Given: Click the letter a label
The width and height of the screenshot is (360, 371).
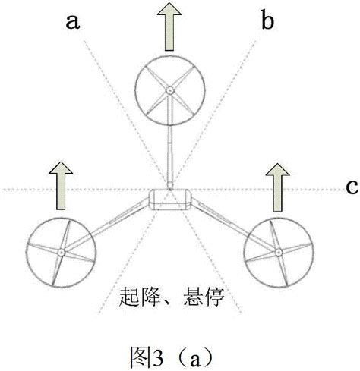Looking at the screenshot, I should [x=74, y=21].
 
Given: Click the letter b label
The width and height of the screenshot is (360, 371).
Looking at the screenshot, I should [x=267, y=21].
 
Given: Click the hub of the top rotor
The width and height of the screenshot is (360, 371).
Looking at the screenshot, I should [x=169, y=91].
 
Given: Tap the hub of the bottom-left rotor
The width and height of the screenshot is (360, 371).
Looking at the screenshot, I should [x=59, y=253].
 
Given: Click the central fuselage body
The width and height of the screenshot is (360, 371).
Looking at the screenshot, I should [x=169, y=200].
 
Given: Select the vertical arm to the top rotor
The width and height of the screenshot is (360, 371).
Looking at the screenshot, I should [x=170, y=156].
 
